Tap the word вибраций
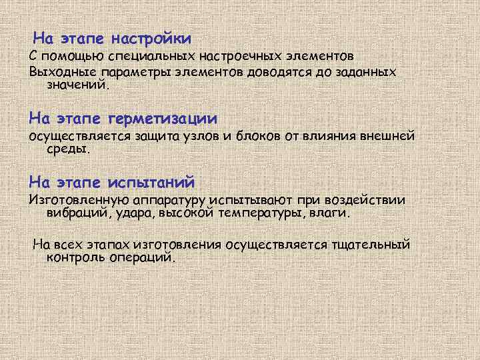point(74,214)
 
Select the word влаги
point(328,214)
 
